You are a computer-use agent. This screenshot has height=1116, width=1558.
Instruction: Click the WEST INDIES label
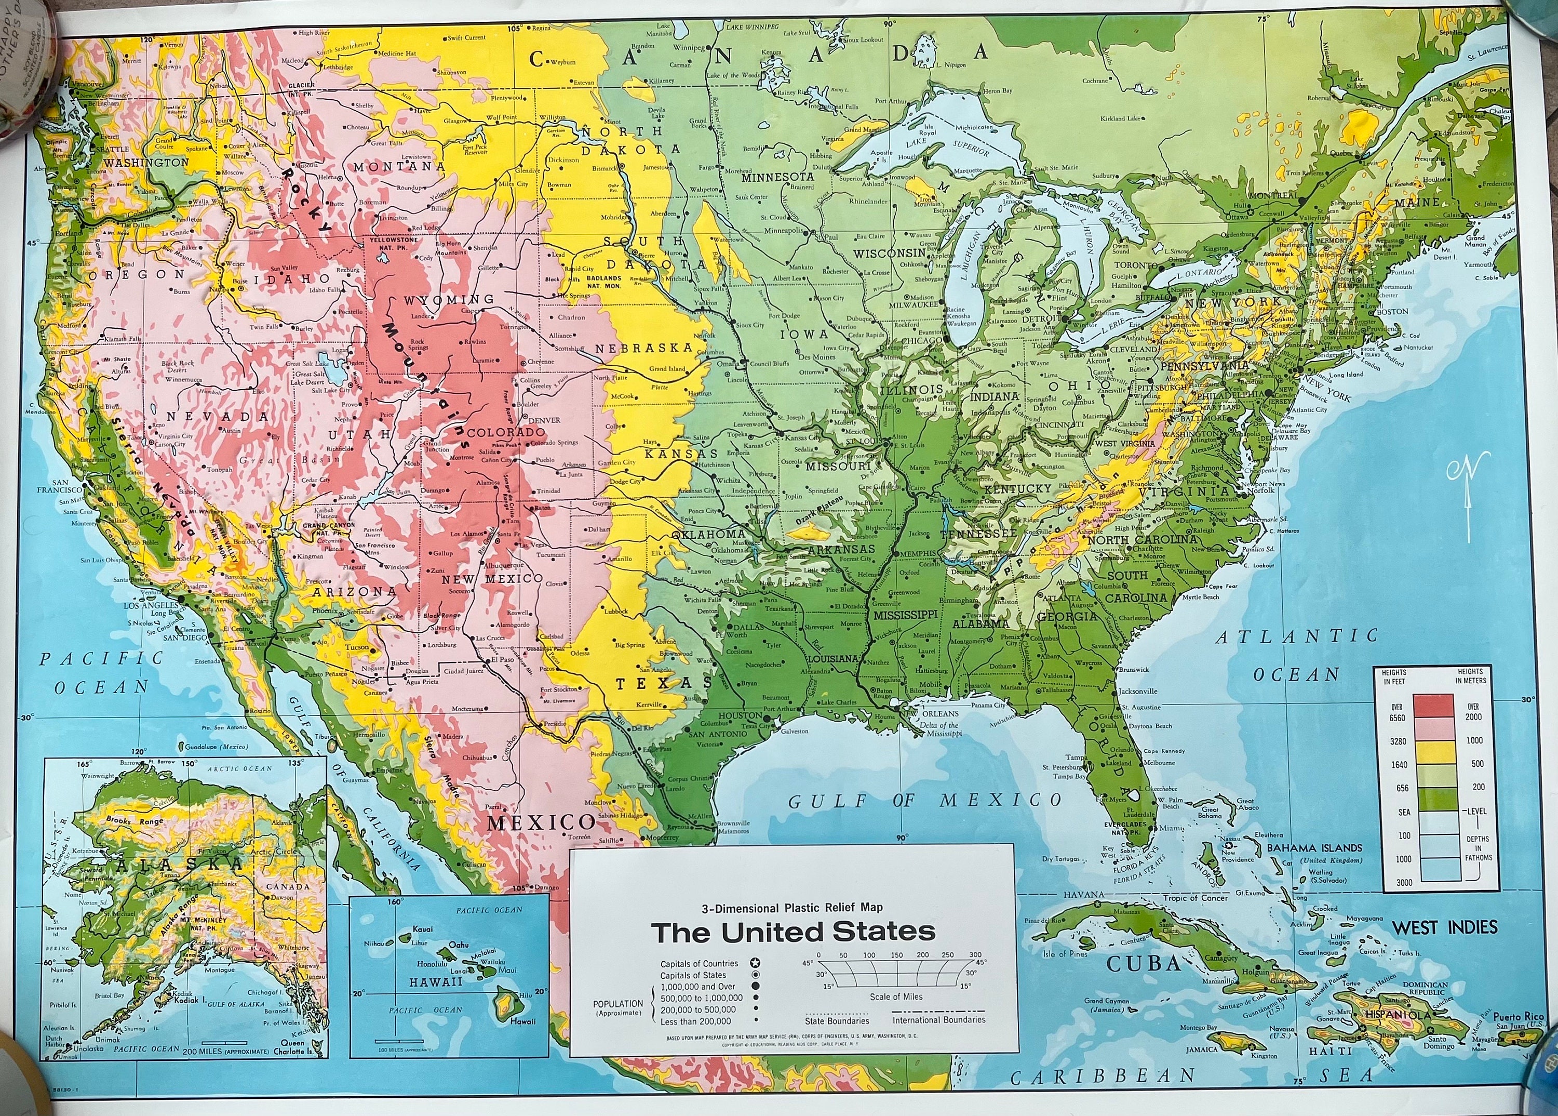1444,928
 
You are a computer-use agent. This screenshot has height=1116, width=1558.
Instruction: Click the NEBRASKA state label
643,349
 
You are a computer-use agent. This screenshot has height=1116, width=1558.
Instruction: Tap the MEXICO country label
541,822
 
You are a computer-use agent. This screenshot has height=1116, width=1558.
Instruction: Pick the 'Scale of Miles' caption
896,997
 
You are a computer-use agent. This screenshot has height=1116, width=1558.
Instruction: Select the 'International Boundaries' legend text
938,1020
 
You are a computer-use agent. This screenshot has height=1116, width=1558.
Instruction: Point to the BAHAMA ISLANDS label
1314,848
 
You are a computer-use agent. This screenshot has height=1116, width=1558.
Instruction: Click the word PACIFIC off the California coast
101,658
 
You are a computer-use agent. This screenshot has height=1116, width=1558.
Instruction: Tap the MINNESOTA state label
777,177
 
